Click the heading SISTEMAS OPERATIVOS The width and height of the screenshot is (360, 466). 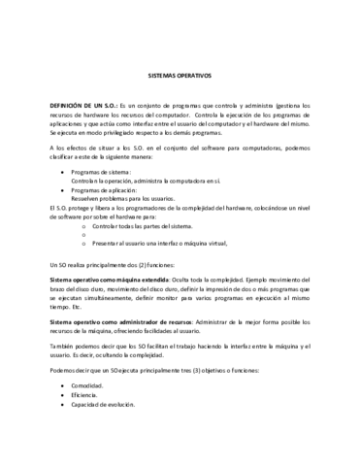pyautogui.click(x=180, y=74)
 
